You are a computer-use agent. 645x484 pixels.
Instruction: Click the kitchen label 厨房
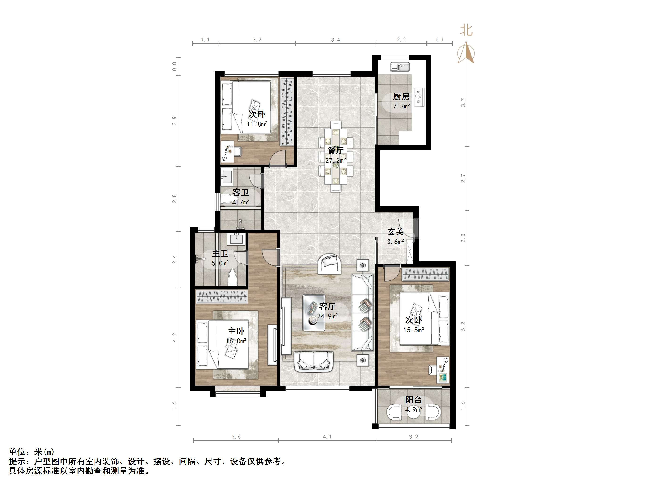pos(401,96)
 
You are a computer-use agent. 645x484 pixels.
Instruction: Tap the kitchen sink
pos(400,67)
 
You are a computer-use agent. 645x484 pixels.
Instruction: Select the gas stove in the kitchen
pos(420,96)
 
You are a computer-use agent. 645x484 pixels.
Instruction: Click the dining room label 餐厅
pos(335,150)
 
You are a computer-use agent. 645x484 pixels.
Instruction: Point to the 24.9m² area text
pos(327,316)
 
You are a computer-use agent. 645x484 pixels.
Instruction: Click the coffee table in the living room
pos(314,313)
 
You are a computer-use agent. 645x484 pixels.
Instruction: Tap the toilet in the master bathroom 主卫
pos(232,277)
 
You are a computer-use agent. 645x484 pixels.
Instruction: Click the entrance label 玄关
pos(395,232)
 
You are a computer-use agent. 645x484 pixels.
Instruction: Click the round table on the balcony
pos(414,412)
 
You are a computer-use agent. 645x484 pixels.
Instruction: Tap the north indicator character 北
pos(466,30)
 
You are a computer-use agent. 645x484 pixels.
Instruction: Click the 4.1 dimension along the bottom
pos(327,437)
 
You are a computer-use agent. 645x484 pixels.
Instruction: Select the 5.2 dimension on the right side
pos(463,326)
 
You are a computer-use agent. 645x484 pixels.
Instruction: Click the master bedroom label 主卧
pos(236,331)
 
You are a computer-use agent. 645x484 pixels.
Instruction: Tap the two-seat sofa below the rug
pos(314,362)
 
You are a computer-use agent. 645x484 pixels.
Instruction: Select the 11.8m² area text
pos(257,124)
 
